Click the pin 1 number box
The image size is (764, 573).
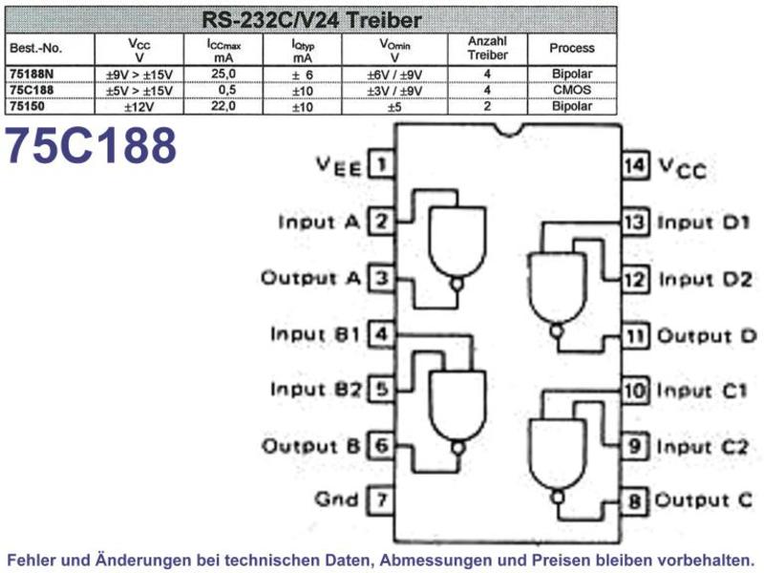381,164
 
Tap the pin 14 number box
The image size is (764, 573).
635,165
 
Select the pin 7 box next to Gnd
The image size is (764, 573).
381,499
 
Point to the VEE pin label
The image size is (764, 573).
339,166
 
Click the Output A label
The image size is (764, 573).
311,278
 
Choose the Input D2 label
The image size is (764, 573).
706,280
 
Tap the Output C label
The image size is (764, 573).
704,500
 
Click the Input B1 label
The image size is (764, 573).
315,334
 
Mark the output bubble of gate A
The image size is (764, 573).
456,285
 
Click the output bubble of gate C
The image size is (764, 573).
558,498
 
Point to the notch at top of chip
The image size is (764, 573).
509,130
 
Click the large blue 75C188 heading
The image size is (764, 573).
91,145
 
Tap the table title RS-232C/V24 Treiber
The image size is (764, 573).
311,20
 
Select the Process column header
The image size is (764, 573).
572,48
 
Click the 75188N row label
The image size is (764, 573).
32,74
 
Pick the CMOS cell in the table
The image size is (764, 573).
572,90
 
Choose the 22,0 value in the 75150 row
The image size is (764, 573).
223,106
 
